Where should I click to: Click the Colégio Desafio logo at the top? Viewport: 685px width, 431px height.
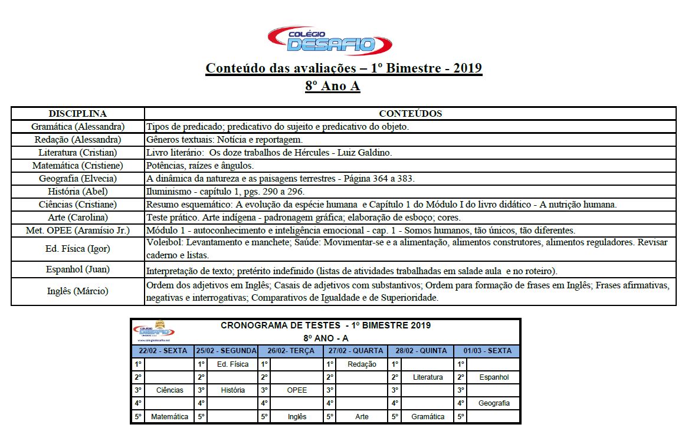pyautogui.click(x=329, y=40)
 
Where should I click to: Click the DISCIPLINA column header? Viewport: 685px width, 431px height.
pyautogui.click(x=77, y=114)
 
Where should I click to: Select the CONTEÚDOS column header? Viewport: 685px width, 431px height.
pyautogui.click(x=410, y=114)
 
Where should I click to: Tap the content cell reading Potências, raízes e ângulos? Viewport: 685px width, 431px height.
pyautogui.click(x=199, y=166)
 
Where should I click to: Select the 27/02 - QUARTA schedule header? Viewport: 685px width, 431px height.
pyautogui.click(x=356, y=351)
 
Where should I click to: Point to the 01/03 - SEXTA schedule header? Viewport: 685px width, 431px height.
pyautogui.click(x=487, y=351)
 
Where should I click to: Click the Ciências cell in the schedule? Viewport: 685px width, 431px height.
pyautogui.click(x=169, y=390)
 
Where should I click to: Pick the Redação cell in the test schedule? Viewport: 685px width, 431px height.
pyautogui.click(x=362, y=364)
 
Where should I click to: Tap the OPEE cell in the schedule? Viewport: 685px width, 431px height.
pyautogui.click(x=297, y=390)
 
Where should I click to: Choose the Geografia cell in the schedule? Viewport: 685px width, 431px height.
pyautogui.click(x=494, y=403)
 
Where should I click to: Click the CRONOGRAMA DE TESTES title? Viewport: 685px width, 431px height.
pyautogui.click(x=326, y=325)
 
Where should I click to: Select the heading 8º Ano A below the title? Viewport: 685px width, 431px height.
pyautogui.click(x=332, y=86)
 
